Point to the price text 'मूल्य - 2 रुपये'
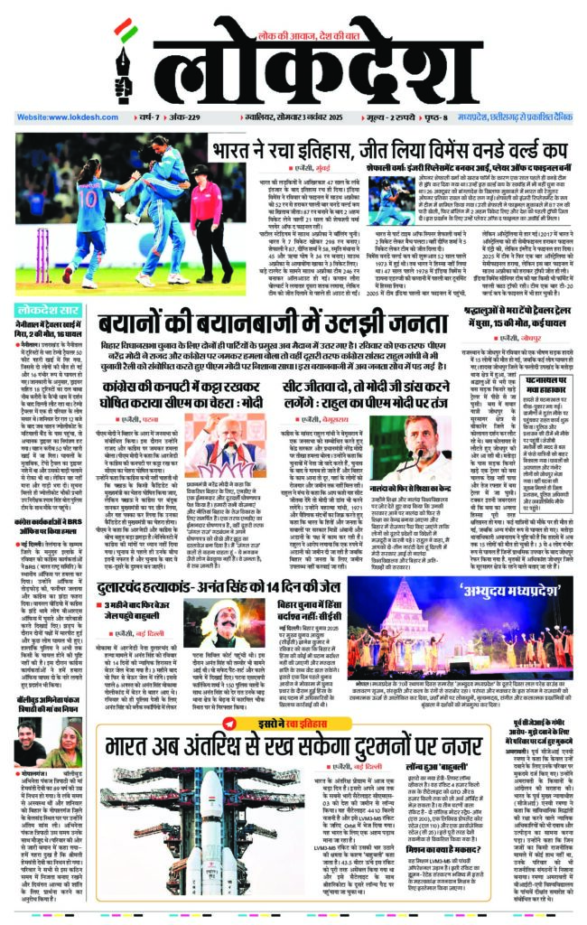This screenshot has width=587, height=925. point(412,117)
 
